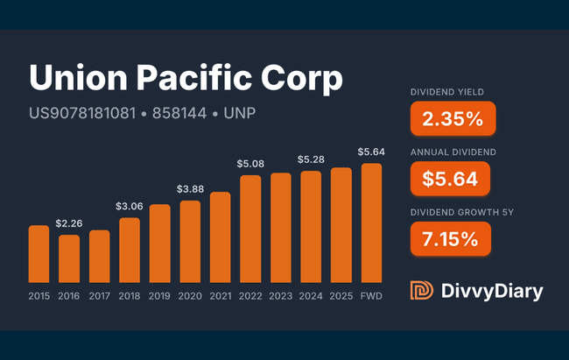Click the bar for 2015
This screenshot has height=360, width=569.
coord(39,253)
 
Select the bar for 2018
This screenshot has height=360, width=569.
coord(130,249)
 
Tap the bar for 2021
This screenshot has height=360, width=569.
coord(221,236)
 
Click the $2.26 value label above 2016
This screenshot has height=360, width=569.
coord(69,224)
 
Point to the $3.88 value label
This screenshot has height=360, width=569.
coord(190,189)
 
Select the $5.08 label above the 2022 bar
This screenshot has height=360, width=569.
coord(250,163)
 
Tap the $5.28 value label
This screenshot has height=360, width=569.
coord(311,159)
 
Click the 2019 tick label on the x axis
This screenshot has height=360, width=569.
coord(160,295)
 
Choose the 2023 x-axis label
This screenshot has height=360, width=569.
coord(281,295)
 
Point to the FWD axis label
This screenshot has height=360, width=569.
coord(371,295)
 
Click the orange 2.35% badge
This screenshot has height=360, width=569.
coord(452,119)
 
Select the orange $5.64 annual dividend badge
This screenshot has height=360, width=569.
coord(449,179)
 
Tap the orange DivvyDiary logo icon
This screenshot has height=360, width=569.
coord(421,291)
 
